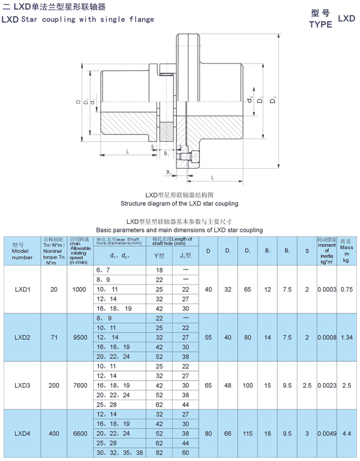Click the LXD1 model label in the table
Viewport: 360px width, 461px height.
click(x=23, y=289)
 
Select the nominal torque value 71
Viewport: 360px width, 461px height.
click(x=54, y=338)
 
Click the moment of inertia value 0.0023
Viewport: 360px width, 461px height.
click(x=326, y=386)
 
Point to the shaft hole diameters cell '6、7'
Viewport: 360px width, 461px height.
click(x=103, y=271)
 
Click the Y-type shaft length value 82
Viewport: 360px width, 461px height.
click(x=159, y=452)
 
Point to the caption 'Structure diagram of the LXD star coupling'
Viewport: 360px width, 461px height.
click(x=179, y=203)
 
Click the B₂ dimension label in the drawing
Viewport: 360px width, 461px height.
click(x=169, y=172)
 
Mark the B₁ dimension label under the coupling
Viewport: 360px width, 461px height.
click(x=166, y=154)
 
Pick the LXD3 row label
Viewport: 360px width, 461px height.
click(x=23, y=386)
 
